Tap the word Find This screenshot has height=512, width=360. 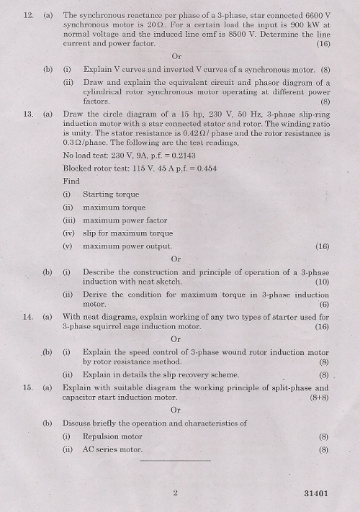(x=71, y=181)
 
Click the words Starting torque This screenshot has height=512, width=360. (x=111, y=194)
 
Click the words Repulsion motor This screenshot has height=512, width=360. (x=112, y=436)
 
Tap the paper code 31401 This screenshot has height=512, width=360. (x=314, y=494)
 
